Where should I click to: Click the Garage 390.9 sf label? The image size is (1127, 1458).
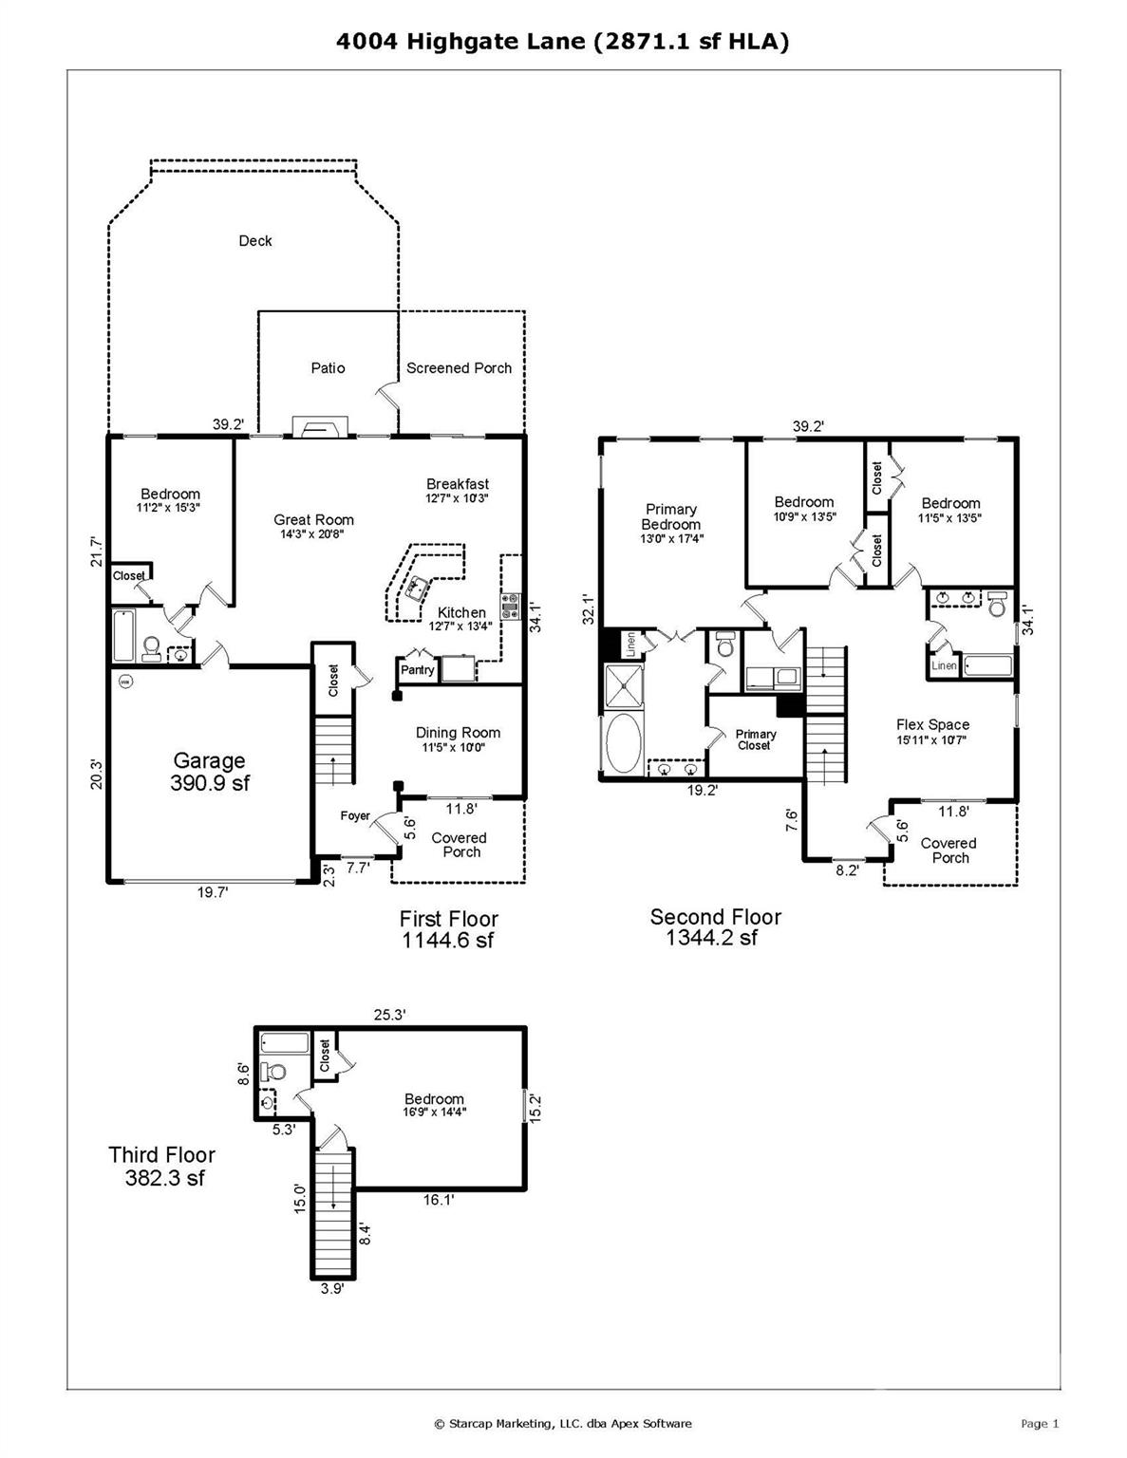click(x=209, y=772)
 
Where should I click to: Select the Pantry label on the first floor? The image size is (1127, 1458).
click(x=417, y=670)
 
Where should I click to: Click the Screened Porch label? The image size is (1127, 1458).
click(x=459, y=368)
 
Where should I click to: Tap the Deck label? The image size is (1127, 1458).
click(x=254, y=241)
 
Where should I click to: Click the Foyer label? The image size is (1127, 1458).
click(x=355, y=816)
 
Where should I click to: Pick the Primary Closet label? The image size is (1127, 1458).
click(x=755, y=739)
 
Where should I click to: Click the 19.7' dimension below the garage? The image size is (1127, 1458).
click(x=212, y=892)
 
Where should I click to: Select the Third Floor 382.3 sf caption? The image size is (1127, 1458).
click(x=162, y=1167)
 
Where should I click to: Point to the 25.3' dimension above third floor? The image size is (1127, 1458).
click(x=389, y=1015)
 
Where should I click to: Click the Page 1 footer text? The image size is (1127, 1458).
click(x=1039, y=1423)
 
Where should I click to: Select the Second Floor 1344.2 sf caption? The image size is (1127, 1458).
click(x=715, y=927)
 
